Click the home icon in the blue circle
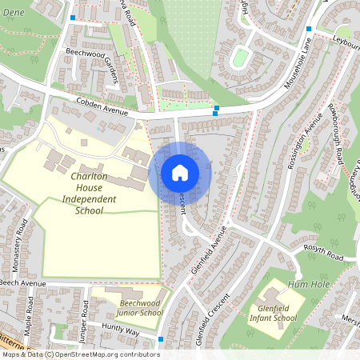pyautogui.click(x=180, y=172)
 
